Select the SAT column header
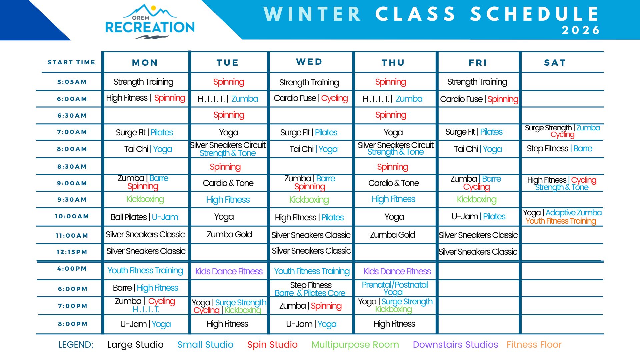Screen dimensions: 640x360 [x=555, y=63]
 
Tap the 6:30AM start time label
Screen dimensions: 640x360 [x=72, y=116]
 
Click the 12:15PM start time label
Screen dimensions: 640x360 [x=72, y=252]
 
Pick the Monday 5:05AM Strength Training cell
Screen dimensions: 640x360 [x=143, y=82]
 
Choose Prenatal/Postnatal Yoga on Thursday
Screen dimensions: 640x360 [x=395, y=288]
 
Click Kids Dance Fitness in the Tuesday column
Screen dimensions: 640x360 [x=229, y=271]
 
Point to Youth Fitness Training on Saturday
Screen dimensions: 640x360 [x=561, y=221]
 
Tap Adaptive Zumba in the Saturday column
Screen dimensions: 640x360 [x=574, y=213]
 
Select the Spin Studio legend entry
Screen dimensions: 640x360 [x=272, y=345]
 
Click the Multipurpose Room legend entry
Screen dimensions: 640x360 [x=355, y=345]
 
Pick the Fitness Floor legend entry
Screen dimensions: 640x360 [x=534, y=345]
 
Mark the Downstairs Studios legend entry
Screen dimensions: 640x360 [x=455, y=345]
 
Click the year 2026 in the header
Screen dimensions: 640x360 [x=581, y=30]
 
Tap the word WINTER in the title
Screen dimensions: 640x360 [x=313, y=14]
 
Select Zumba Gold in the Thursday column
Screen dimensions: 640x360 [x=392, y=235]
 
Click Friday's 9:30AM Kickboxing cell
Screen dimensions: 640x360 [x=477, y=199]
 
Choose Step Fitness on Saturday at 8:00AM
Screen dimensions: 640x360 [x=547, y=149]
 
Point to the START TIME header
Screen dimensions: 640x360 [x=71, y=62]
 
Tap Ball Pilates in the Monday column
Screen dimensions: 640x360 [x=128, y=217]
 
